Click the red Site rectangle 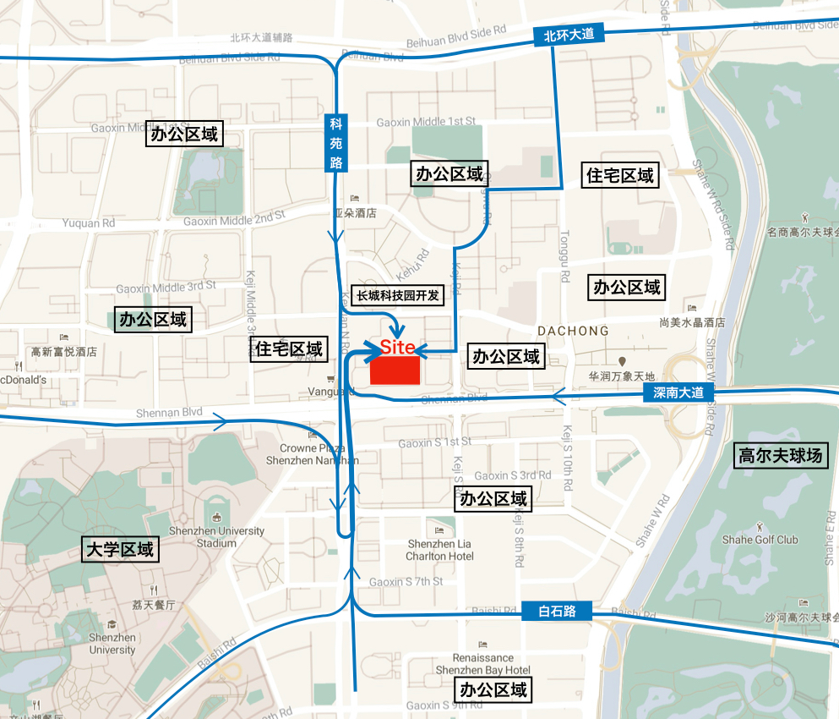point(395,370)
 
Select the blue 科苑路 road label point(336,142)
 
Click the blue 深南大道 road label point(678,392)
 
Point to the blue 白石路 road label point(557,611)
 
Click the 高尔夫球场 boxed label point(781,456)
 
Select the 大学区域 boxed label point(121,549)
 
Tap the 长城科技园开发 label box point(397,295)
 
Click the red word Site point(397,347)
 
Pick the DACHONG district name point(573,331)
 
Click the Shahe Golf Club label point(760,540)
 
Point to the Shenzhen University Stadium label point(216,536)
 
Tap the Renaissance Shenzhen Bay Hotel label point(482,663)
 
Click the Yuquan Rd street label point(88,223)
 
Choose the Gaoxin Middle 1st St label point(426,122)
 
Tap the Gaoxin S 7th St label point(406,582)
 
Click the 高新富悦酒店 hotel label point(64,352)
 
